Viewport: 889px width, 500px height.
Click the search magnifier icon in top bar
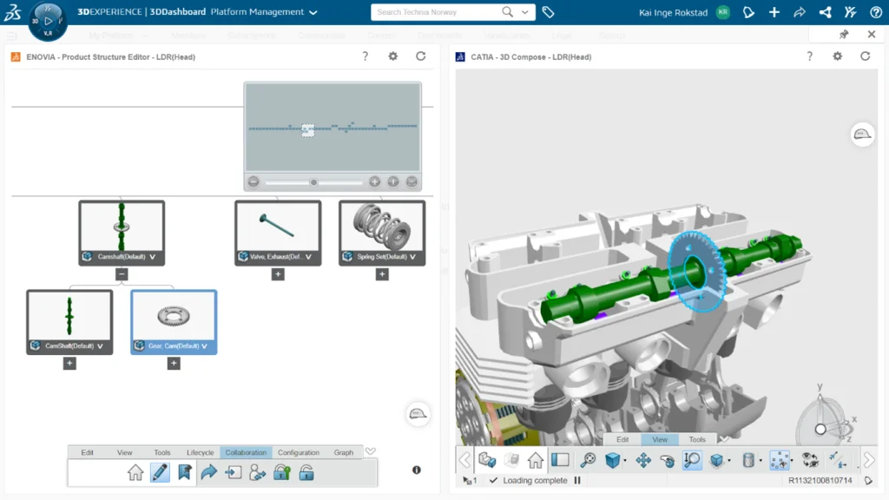coord(508,12)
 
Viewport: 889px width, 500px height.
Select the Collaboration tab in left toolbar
coord(246,452)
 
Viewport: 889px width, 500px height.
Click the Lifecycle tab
coord(200,452)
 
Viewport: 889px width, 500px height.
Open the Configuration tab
coord(299,452)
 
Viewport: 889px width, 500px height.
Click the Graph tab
coord(344,452)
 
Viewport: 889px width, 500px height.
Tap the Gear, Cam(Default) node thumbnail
coord(174,316)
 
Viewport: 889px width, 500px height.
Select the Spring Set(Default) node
coord(382,233)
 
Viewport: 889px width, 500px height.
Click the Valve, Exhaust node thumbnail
coord(278,227)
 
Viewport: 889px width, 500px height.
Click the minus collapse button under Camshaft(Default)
coord(122,274)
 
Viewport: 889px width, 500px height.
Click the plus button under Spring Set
coord(382,274)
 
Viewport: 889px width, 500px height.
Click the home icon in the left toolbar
coord(135,472)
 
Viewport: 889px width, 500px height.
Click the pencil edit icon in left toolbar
coord(160,472)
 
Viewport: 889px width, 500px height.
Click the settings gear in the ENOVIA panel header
coord(392,56)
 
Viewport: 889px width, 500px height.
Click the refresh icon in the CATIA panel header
coord(865,56)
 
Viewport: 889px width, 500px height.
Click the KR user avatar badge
coord(723,12)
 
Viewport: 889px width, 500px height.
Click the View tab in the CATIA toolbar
coord(660,439)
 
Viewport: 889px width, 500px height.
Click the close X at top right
coord(872,35)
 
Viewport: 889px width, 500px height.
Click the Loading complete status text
coord(534,480)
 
